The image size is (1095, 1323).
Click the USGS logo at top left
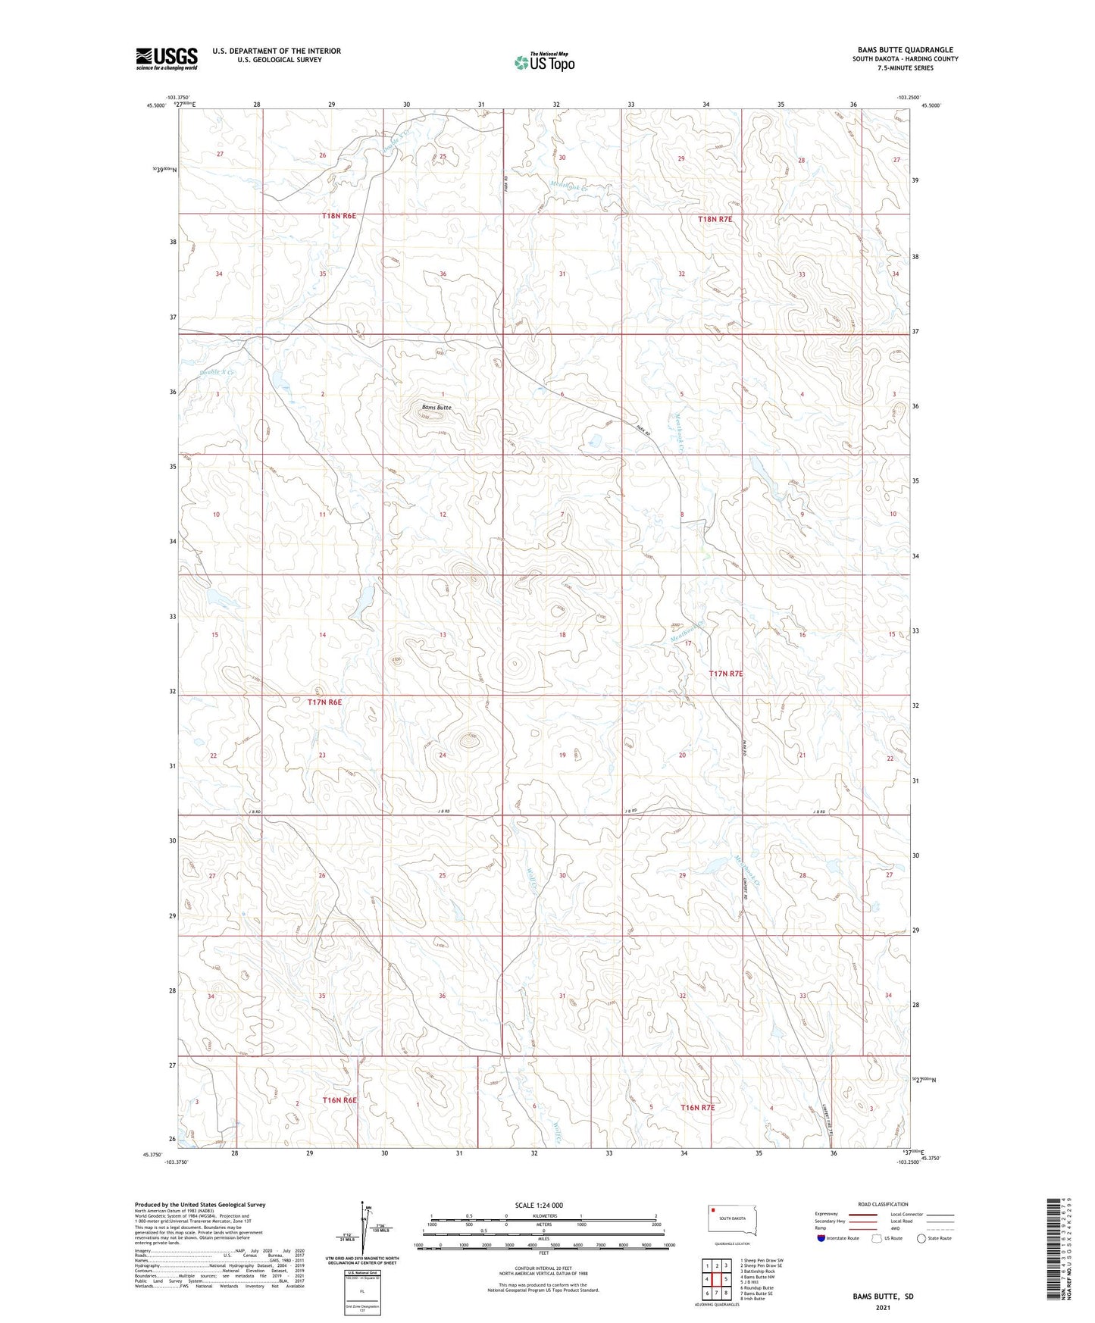166,58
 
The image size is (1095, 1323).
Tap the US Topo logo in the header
544,62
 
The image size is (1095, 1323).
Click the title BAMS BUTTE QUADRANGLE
905,49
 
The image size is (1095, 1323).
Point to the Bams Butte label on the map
436,408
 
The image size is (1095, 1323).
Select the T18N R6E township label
339,216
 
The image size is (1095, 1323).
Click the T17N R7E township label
725,674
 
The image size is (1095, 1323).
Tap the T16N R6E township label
339,1099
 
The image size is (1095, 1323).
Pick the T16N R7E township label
697,1107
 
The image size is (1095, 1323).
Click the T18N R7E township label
715,219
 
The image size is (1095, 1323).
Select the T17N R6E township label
324,702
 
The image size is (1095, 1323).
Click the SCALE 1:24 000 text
539,1206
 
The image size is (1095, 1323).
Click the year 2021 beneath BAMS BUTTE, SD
883,1308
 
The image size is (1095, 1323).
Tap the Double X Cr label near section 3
217,373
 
